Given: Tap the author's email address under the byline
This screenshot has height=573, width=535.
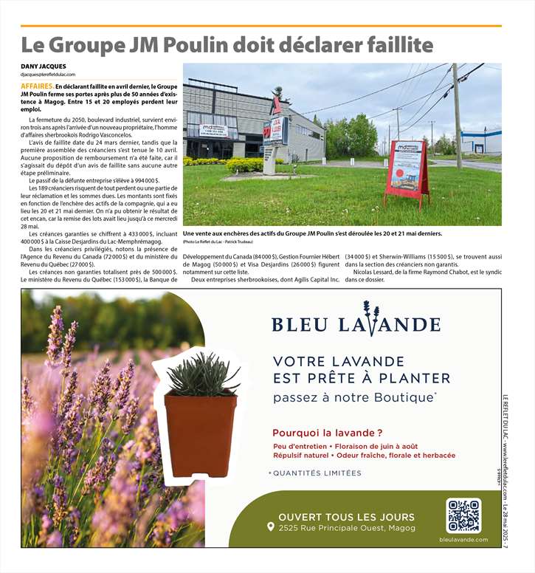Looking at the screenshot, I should click(x=48, y=75).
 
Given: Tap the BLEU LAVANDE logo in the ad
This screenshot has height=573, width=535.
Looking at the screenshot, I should click(x=356, y=322).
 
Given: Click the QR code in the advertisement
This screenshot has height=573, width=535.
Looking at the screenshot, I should click(x=463, y=515).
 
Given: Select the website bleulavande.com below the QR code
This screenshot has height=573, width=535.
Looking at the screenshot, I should click(x=463, y=540).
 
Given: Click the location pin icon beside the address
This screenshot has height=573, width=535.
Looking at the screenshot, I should click(x=271, y=528).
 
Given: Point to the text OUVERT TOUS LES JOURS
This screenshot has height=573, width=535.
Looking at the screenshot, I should click(x=346, y=517).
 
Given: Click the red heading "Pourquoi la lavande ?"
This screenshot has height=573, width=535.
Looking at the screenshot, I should click(x=328, y=433).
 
